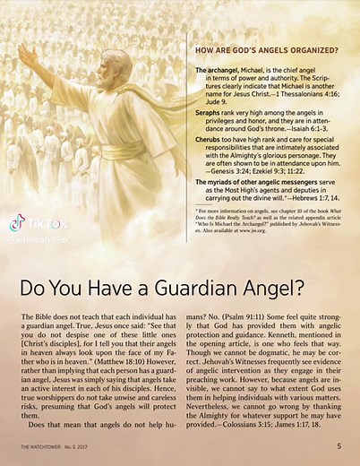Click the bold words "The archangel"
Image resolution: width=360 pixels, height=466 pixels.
[215, 69]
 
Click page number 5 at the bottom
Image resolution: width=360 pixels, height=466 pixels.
[339, 444]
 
